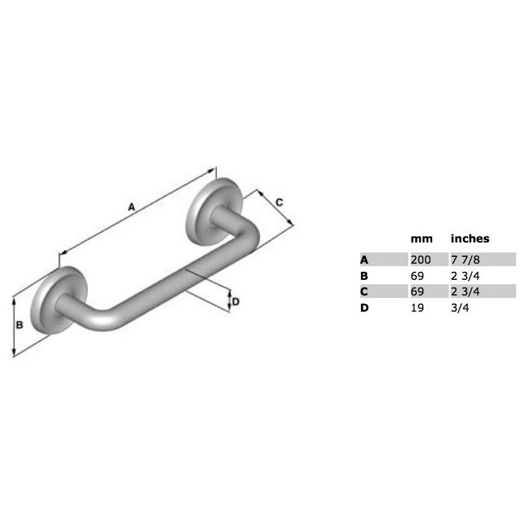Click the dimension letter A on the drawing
click(132, 207)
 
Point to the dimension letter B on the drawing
click(20, 325)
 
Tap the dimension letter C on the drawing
click(279, 202)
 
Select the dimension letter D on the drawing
click(236, 302)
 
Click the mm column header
click(421, 239)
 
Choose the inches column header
click(470, 238)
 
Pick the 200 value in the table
click(421, 259)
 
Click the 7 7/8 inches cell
click(465, 259)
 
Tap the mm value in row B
click(417, 276)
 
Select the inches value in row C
click(465, 292)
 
